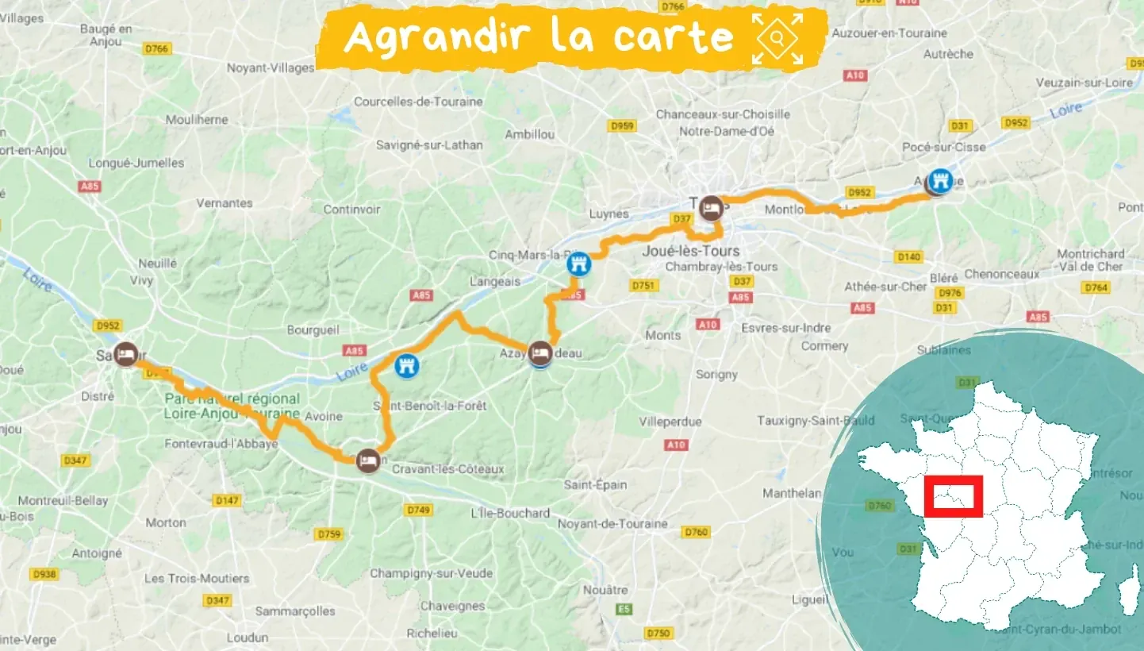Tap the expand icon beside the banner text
pyautogui.click(x=777, y=37)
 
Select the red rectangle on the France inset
pyautogui.click(x=958, y=495)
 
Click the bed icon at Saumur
pyautogui.click(x=125, y=354)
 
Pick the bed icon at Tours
pyautogui.click(x=710, y=206)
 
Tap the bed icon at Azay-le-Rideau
pyautogui.click(x=540, y=352)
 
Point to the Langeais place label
pyautogui.click(x=494, y=281)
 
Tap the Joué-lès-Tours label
pyautogui.click(x=690, y=252)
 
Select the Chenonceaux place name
pyautogui.click(x=1002, y=274)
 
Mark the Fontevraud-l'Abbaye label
pyautogui.click(x=221, y=445)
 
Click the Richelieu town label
pyautogui.click(x=432, y=634)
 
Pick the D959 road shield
pyautogui.click(x=622, y=125)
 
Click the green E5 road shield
pyautogui.click(x=623, y=610)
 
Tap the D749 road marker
pyautogui.click(x=419, y=509)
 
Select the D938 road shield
pyautogui.click(x=45, y=574)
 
